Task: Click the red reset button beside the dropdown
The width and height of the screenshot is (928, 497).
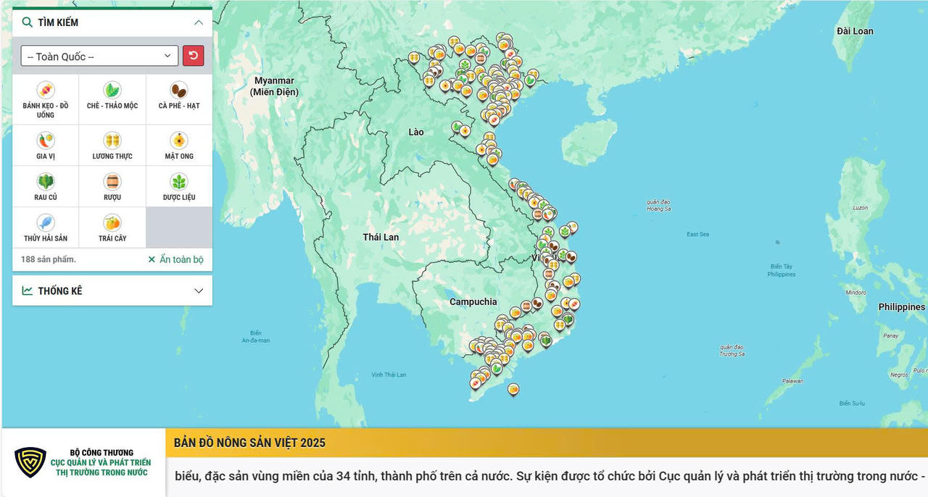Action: tap(193, 56)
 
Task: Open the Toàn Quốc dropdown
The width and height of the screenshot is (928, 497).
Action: tap(99, 57)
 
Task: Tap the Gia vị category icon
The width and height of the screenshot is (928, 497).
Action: tap(46, 141)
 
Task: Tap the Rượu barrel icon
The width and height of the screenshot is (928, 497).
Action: tap(112, 182)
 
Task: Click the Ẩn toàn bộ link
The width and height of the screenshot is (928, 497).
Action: tap(175, 259)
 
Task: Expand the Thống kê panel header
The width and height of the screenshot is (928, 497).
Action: tap(112, 291)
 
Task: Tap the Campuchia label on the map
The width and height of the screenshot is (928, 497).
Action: tap(473, 301)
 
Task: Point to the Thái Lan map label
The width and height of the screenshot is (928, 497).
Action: tap(381, 237)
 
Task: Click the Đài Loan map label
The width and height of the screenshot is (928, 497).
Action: tap(855, 31)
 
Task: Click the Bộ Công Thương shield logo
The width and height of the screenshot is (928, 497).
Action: tap(30, 462)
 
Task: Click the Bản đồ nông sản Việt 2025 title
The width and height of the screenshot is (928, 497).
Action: tap(249, 443)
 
